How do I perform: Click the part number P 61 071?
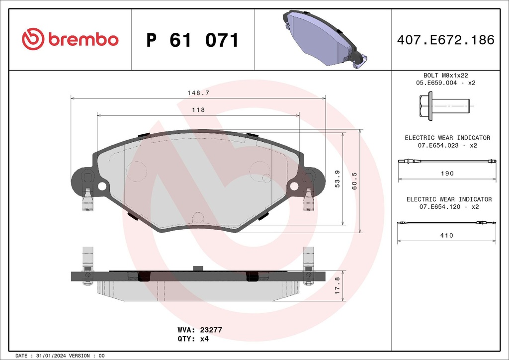[192, 40]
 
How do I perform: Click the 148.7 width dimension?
[198, 93]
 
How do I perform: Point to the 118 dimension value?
[198, 110]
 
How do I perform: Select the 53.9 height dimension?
[338, 179]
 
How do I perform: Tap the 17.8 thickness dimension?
[338, 285]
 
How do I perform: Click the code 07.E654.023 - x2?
[447, 146]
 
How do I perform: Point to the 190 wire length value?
[447, 174]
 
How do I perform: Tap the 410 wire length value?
[447, 235]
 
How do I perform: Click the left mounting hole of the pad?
[102, 186]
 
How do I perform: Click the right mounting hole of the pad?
[294, 186]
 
